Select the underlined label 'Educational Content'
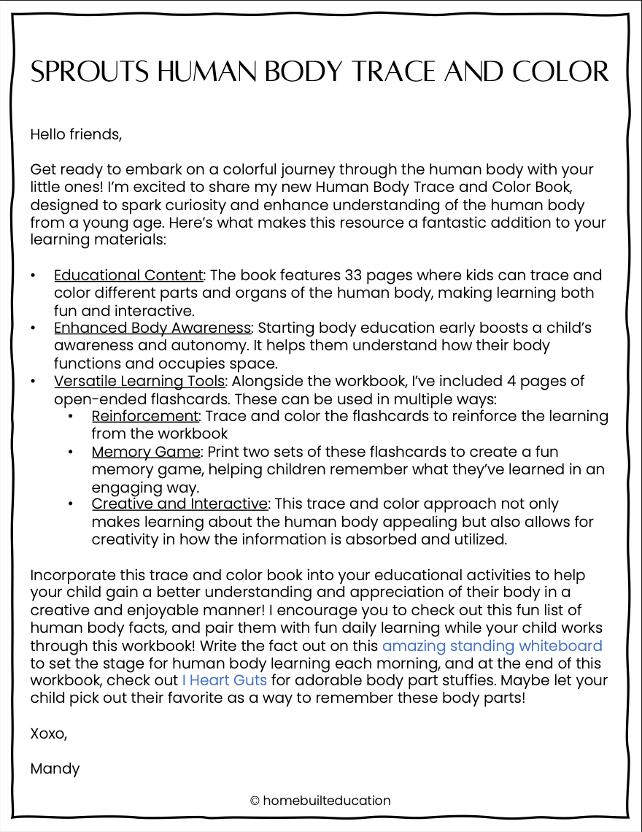tap(128, 275)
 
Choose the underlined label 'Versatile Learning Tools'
tap(141, 380)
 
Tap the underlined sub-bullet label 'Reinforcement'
tap(145, 416)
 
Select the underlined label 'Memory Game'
tap(145, 451)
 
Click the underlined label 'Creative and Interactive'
tap(179, 504)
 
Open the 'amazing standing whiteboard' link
tap(492, 645)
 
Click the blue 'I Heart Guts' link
tap(224, 680)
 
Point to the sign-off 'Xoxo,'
tap(49, 733)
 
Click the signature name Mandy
tap(55, 769)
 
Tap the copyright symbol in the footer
tap(255, 801)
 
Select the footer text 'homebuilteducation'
tap(327, 801)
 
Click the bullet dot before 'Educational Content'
tap(33, 276)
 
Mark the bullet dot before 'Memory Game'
tap(71, 452)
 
